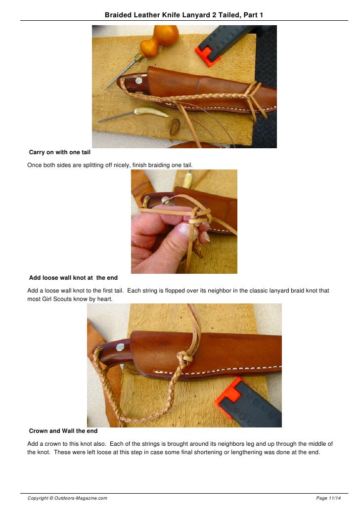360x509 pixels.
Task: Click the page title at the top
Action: pos(183,15)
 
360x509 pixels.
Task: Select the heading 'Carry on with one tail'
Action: pos(56,153)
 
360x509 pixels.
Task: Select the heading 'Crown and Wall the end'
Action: pos(63,431)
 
